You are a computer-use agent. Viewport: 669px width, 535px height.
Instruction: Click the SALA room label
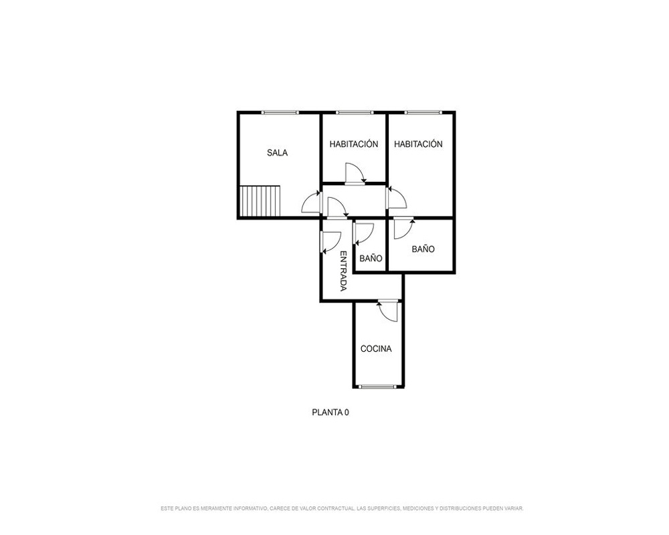coord(278,152)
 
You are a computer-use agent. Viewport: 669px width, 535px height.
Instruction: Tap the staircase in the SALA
coord(260,201)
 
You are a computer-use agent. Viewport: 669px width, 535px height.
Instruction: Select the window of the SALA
coord(280,112)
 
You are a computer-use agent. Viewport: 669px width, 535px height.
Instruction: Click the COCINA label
coord(376,349)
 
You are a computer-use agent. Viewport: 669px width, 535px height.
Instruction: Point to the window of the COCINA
coord(378,387)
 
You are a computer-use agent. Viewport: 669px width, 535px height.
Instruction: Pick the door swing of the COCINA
coord(388,311)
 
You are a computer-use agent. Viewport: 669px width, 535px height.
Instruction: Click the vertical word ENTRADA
coord(343,271)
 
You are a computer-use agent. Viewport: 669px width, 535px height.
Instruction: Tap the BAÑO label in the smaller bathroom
coord(371,258)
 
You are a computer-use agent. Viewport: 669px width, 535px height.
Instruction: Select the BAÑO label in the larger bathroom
coord(423,249)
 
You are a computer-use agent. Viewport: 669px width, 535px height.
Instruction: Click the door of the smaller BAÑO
coord(364,234)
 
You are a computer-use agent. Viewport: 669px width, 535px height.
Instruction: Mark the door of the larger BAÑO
coord(403,228)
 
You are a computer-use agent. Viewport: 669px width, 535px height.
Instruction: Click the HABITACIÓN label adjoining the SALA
coord(354,144)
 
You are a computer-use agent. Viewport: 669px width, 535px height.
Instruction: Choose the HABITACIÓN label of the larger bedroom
coord(418,144)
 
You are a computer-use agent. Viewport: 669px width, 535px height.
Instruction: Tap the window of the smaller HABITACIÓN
coord(354,112)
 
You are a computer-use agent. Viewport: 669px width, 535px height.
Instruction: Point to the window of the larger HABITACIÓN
coord(423,112)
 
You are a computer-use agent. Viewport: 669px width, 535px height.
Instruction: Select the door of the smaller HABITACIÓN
coord(355,174)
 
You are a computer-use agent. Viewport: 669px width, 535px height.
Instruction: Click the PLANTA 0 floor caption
coord(330,413)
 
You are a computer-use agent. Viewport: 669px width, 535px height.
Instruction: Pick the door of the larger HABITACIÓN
coord(396,197)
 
